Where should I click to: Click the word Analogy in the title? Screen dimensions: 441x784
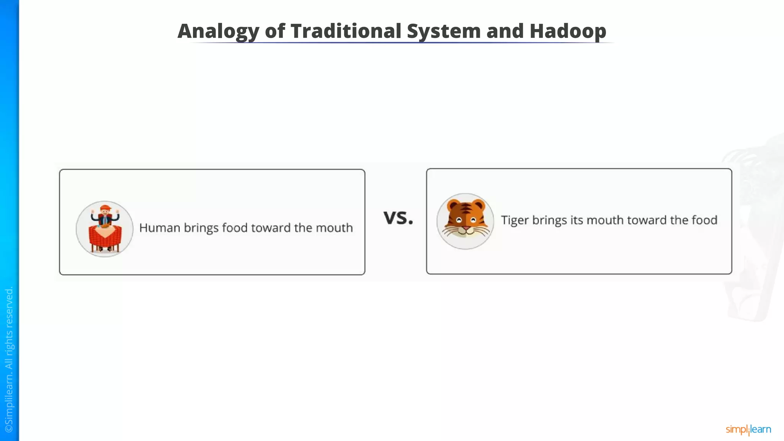coord(218,31)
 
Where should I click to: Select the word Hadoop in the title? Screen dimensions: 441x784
coord(568,31)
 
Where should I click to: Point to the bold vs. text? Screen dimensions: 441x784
coord(398,217)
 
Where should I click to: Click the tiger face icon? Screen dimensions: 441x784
coord(465,221)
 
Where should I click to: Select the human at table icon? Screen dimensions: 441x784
coord(105,229)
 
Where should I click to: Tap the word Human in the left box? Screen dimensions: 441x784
coord(159,228)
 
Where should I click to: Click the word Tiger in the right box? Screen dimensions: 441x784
coord(514,220)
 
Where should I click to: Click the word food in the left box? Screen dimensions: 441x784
coord(235,228)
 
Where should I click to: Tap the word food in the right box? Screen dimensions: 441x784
coord(704,220)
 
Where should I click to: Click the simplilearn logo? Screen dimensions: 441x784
coord(748,430)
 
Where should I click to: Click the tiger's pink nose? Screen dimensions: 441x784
coord(465,229)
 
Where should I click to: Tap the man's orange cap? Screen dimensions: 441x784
coord(105,207)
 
